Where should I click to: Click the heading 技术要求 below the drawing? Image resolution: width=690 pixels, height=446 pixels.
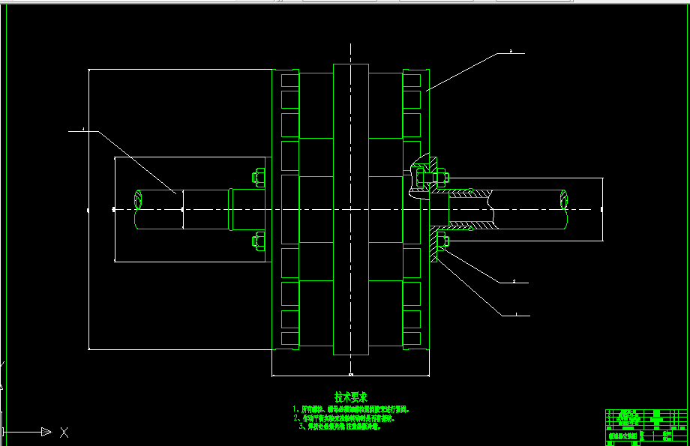coord(350,397)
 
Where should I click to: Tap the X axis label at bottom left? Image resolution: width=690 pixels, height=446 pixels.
coord(64,432)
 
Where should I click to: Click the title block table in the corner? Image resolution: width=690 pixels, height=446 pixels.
coord(646,427)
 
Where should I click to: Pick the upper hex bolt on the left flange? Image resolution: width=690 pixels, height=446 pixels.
coord(257,178)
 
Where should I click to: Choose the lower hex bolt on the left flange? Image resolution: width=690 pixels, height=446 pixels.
coord(257,241)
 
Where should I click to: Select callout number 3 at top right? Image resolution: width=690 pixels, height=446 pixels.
coord(511,52)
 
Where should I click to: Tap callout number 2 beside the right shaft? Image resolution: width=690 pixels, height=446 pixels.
coord(514,282)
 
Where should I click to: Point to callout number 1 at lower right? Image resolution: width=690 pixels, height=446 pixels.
coord(516,314)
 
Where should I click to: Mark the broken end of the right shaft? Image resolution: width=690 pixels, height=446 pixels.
coord(565,199)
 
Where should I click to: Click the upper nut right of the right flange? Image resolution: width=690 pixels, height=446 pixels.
coord(441,178)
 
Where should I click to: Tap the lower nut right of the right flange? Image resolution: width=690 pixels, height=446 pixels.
coord(441,241)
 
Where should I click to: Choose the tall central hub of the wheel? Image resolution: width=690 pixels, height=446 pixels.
coord(350,208)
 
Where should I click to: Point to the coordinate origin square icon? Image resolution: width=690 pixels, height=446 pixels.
coord(4,432)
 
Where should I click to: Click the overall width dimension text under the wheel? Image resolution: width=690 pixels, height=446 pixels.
coord(350,373)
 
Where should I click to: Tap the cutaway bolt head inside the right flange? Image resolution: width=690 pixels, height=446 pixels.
coord(420,178)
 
